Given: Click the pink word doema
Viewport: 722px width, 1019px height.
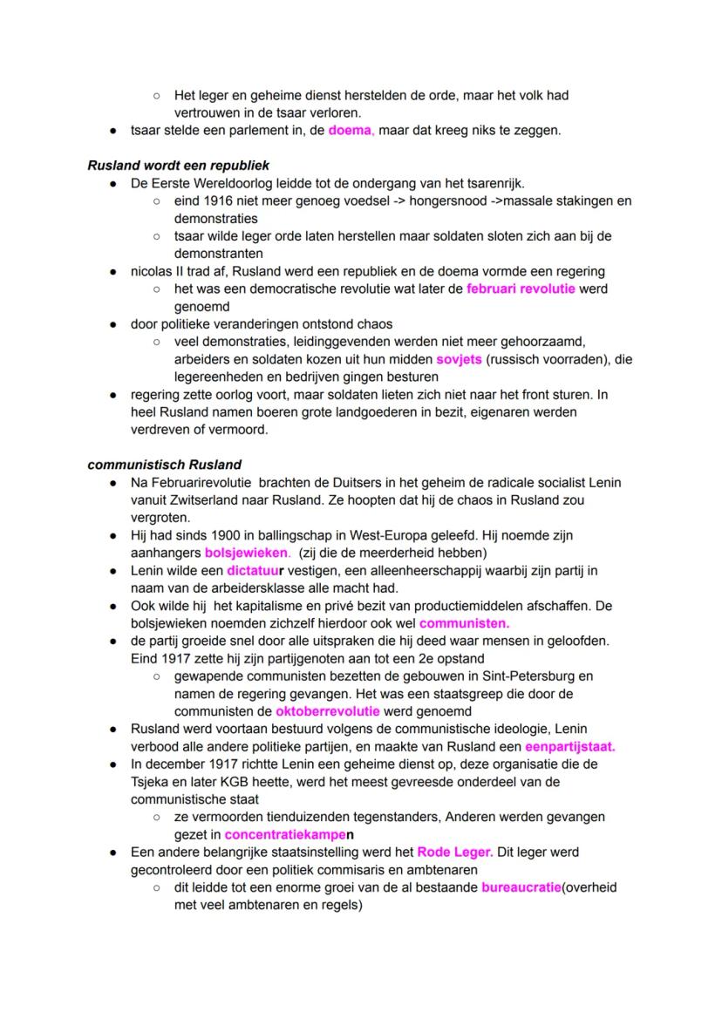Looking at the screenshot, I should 351,132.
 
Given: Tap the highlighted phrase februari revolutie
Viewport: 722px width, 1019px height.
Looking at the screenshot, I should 521,289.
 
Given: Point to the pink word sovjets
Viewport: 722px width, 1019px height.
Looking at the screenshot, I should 460,359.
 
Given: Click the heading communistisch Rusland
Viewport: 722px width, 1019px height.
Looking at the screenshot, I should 165,464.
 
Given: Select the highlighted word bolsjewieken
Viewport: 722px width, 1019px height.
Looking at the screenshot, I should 248,553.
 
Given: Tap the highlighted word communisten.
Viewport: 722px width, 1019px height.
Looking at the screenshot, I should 464,623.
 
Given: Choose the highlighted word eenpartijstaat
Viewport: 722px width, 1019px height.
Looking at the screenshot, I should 569,746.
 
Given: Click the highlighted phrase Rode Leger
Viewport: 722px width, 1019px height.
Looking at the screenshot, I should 454,852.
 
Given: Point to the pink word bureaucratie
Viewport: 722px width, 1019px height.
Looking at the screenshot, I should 521,887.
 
